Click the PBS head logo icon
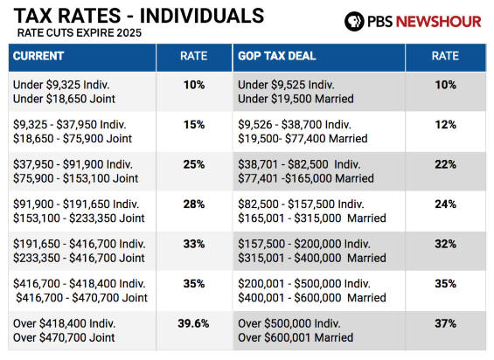pos(354,22)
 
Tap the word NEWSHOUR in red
pos(439,22)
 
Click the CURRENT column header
pos(38,56)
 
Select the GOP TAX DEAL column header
pos(276,56)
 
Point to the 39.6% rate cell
pos(193,323)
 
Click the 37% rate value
pos(446,323)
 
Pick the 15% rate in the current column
pos(194,125)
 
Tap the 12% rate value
pos(446,125)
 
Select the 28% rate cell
pos(194,204)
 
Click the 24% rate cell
pos(446,204)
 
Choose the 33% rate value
pos(194,244)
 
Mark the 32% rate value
pos(446,244)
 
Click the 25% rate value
pos(194,164)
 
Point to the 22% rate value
pos(446,164)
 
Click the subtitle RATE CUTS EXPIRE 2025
pos(80,33)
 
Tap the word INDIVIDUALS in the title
pos(202,16)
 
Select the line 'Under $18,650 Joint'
pos(64,99)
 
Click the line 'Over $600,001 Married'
pos(296,337)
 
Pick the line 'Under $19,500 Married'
pos(296,99)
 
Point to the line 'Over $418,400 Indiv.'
pos(65,323)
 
